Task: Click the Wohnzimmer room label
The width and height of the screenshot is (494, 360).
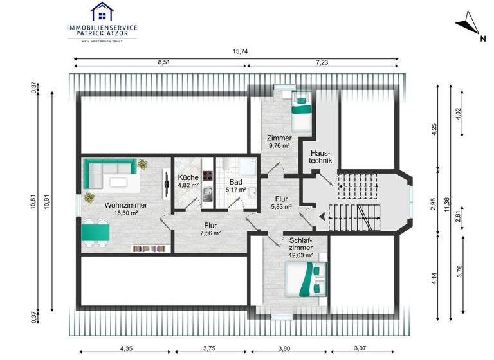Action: pyautogui.click(x=126, y=205)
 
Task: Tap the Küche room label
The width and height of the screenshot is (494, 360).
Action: pyautogui.click(x=188, y=178)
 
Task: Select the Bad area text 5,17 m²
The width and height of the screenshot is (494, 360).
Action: pyautogui.click(x=236, y=190)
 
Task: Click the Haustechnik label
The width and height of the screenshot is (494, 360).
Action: pyautogui.click(x=320, y=157)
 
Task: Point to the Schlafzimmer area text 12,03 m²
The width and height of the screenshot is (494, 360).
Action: pyautogui.click(x=300, y=255)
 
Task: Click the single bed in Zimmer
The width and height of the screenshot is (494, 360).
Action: pyautogui.click(x=300, y=111)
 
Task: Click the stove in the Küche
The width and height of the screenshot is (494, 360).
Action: pyautogui.click(x=208, y=175)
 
